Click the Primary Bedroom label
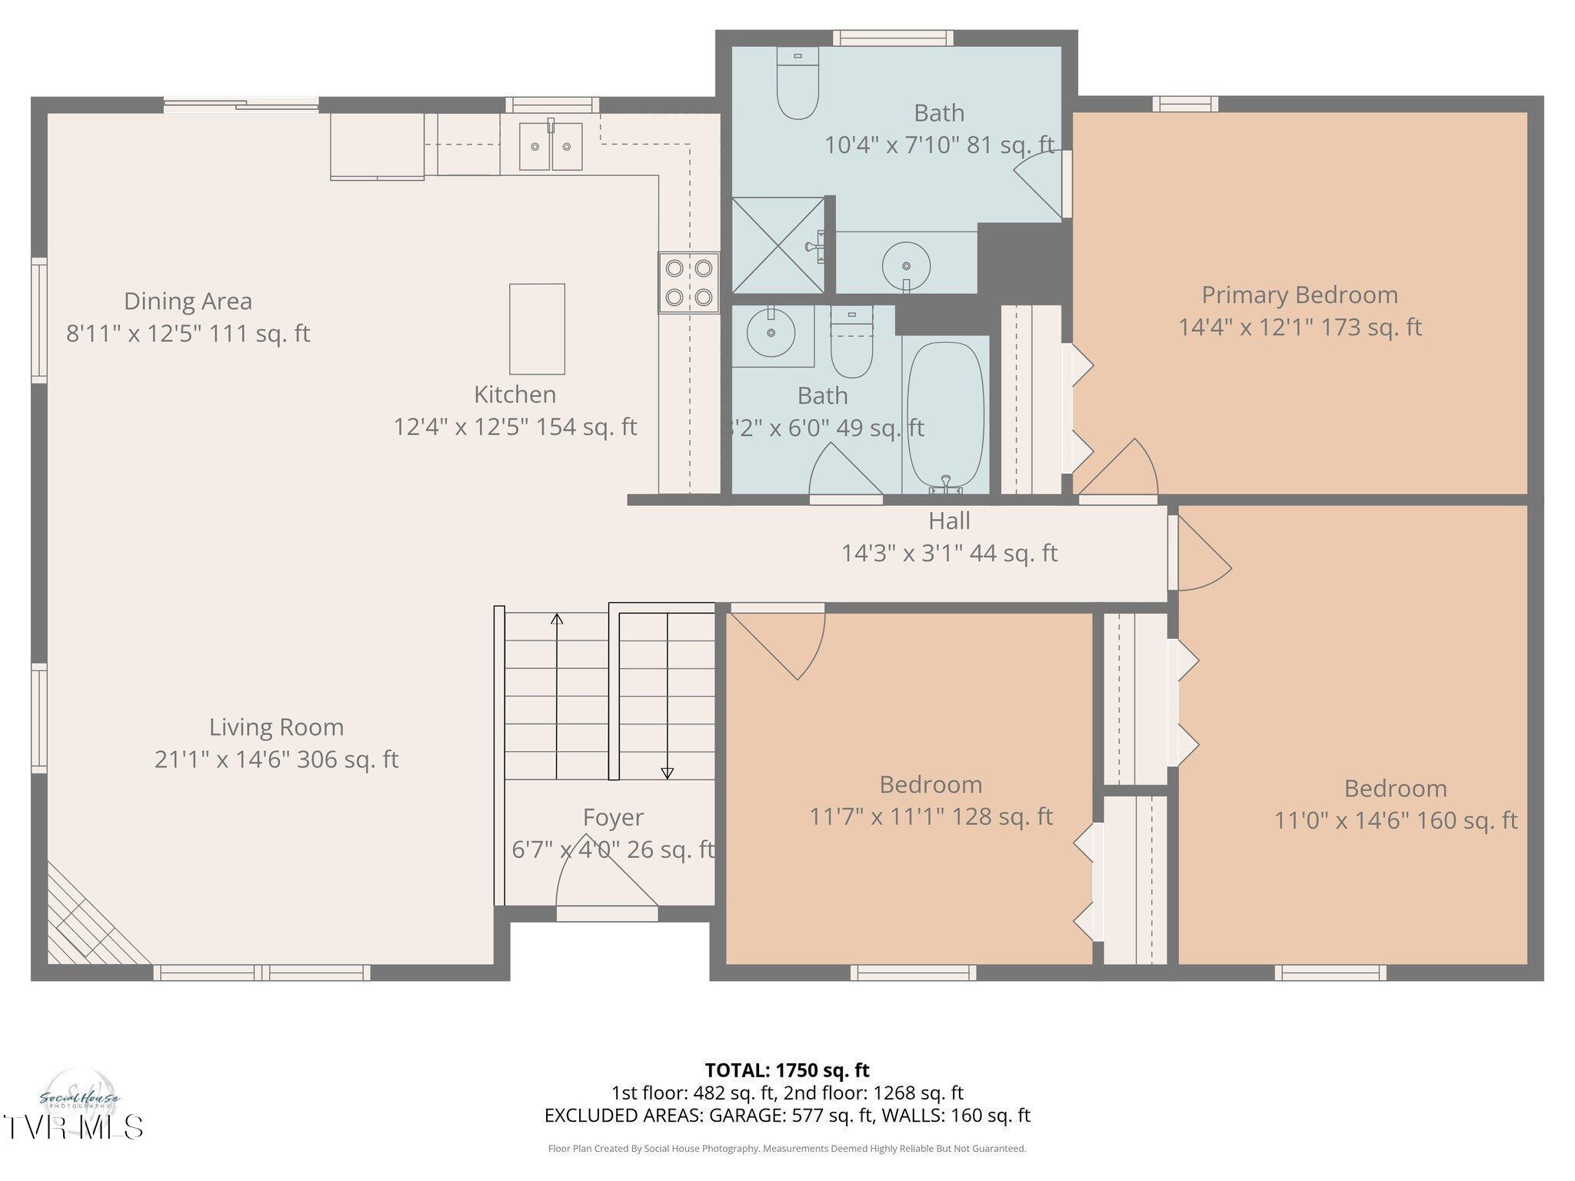1299,295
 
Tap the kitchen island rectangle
537,329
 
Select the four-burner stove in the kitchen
688,282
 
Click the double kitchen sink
551,145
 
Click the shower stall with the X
778,245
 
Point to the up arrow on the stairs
557,620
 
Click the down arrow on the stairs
667,772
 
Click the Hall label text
949,521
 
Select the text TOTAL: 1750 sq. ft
787,1070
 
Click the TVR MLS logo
73,1126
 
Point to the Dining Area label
188,301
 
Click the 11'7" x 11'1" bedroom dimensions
930,817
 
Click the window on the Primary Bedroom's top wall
1184,104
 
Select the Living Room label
276,727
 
